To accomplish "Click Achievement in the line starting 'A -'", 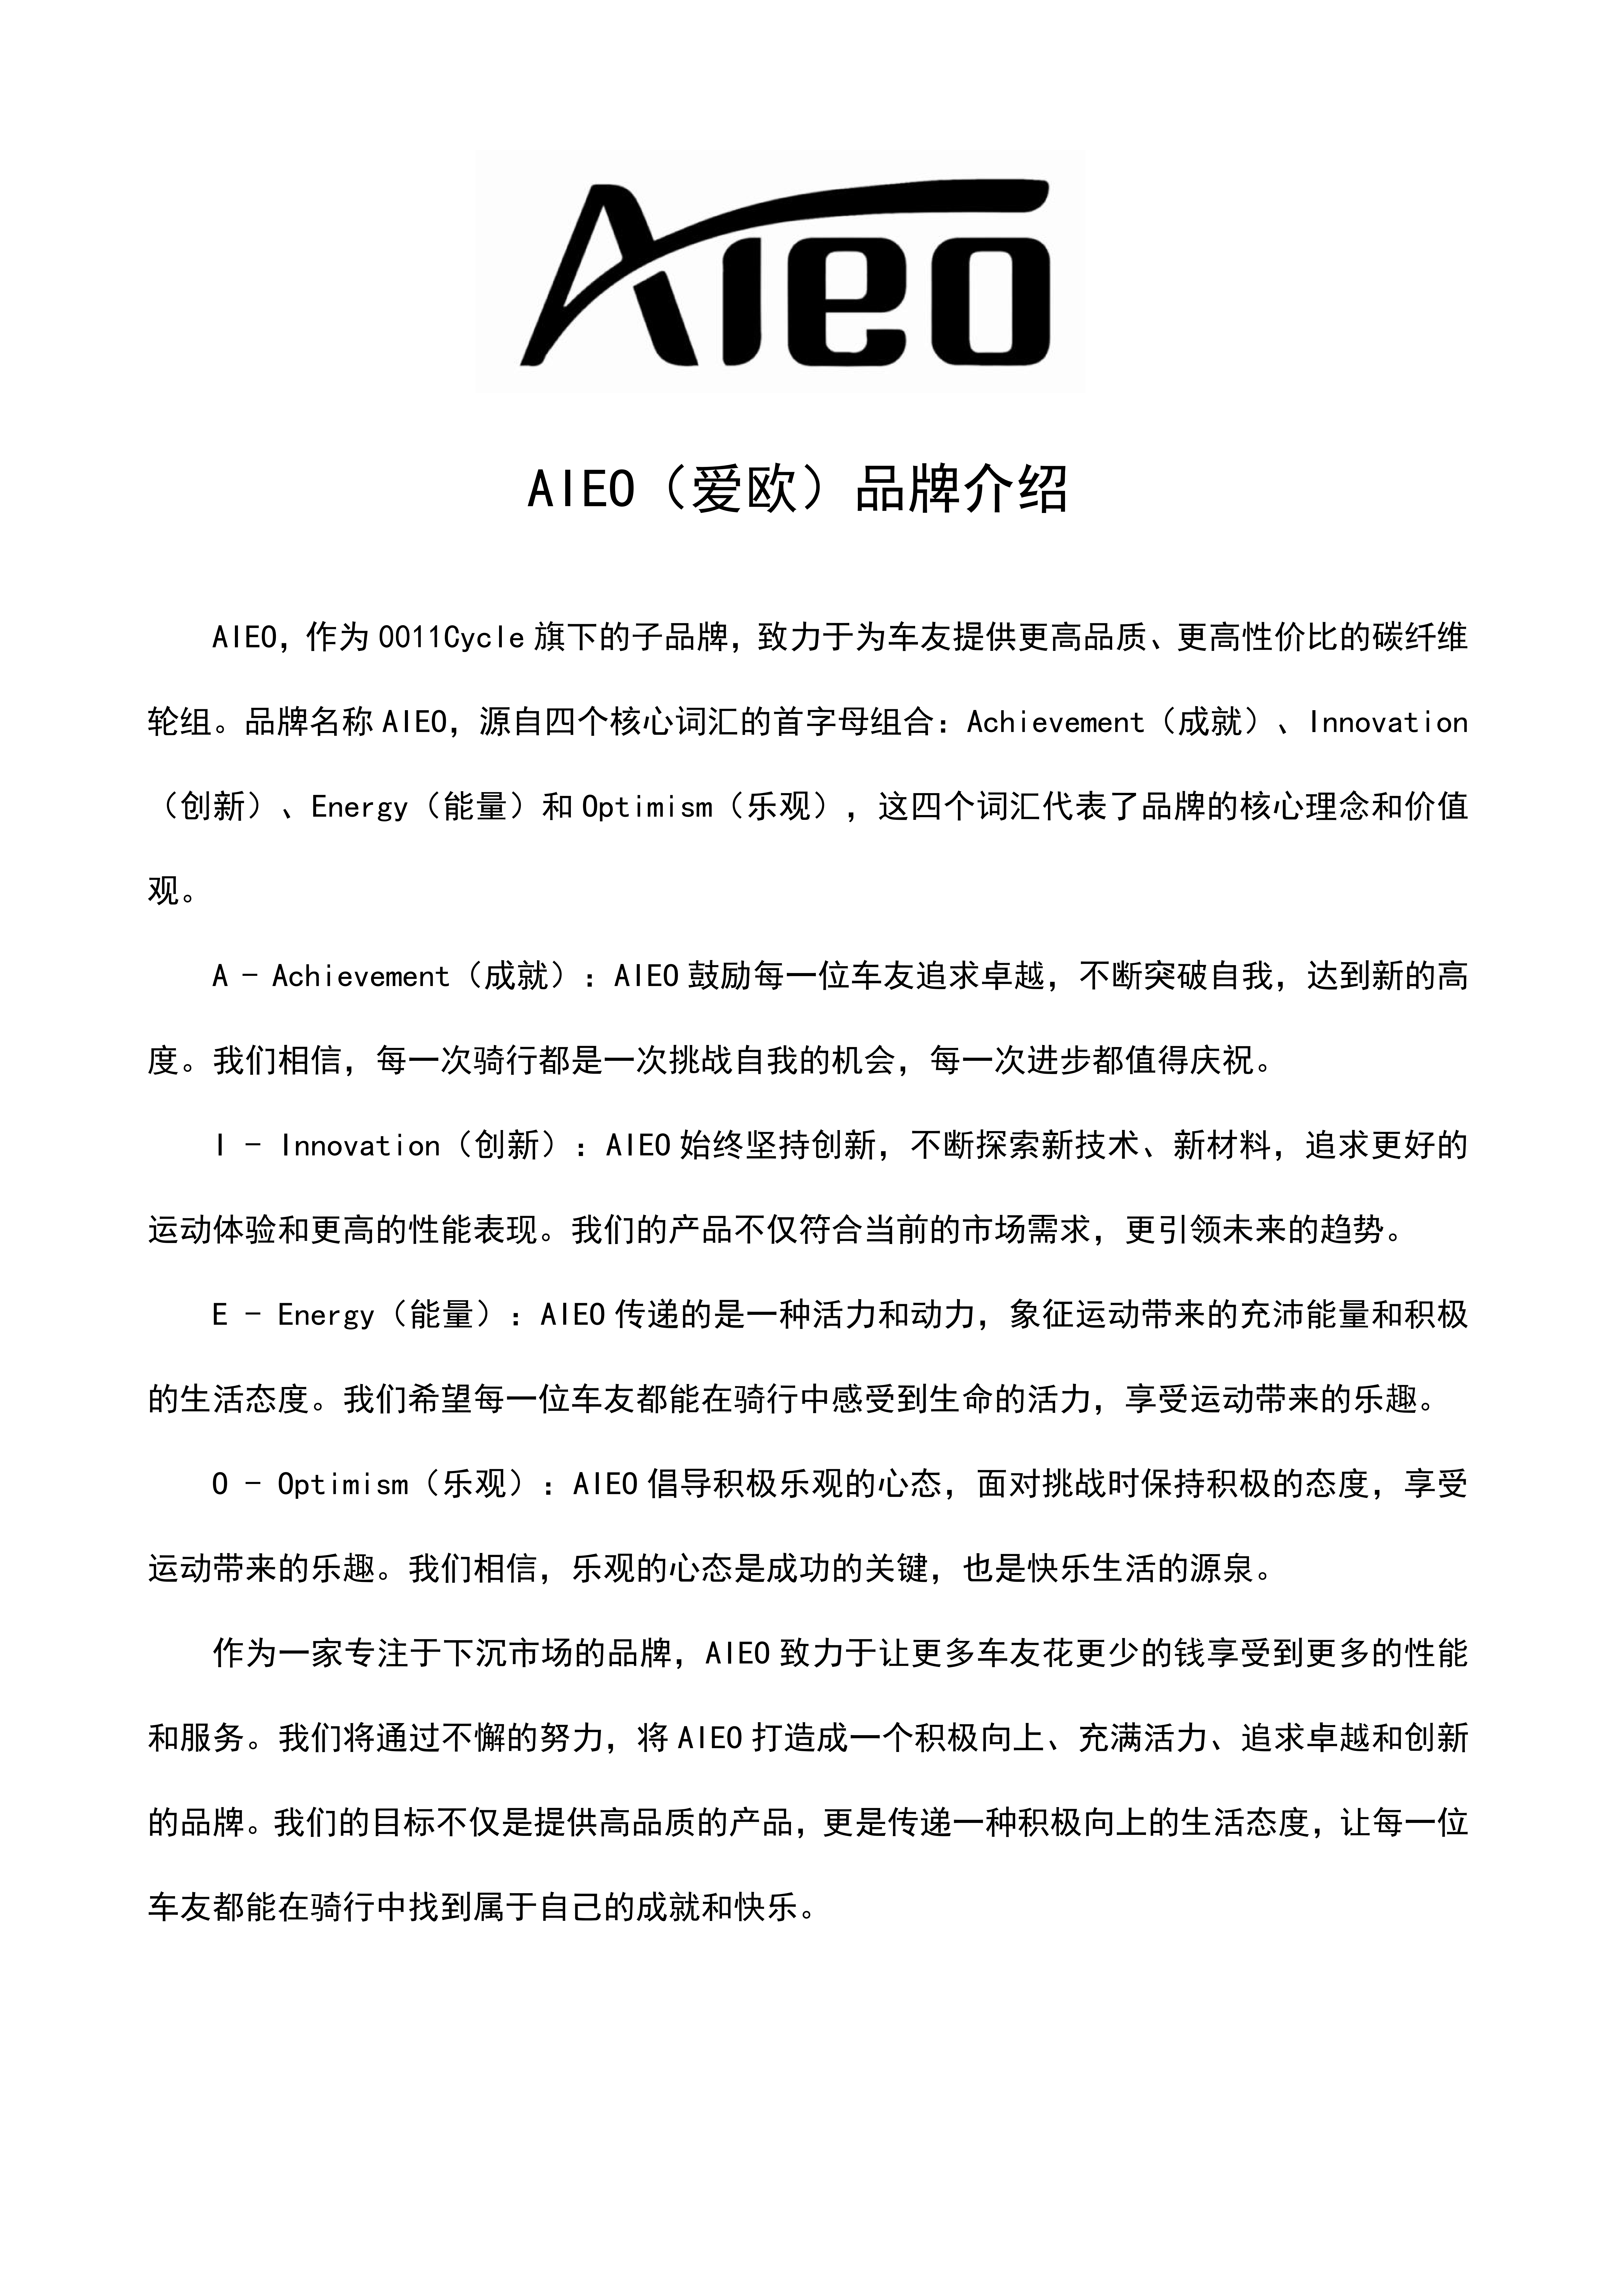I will point(361,976).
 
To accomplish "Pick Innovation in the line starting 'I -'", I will point(360,1146).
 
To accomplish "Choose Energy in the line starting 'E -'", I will point(325,1315).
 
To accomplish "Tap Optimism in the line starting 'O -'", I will point(343,1484).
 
